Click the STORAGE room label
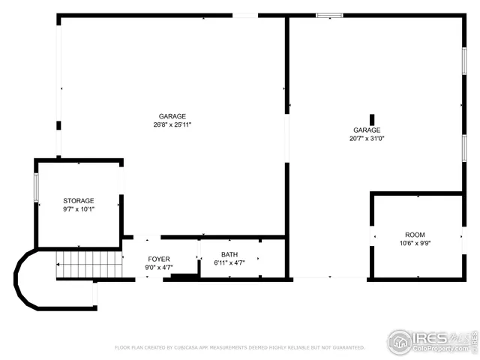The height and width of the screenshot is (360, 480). (78, 201)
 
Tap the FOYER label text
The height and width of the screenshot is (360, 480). (158, 259)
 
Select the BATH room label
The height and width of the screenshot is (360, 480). (229, 255)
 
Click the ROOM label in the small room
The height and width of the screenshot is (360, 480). (415, 235)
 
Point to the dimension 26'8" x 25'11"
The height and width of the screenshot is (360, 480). (172, 124)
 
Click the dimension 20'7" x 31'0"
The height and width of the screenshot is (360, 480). (367, 139)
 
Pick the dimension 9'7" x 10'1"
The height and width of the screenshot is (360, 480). (78, 210)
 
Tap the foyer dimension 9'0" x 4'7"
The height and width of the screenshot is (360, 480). (158, 267)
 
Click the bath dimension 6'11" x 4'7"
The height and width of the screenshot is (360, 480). (229, 263)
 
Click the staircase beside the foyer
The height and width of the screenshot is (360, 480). (89, 265)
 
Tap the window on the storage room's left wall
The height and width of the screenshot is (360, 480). (35, 187)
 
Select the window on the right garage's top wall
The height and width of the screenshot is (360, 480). (328, 14)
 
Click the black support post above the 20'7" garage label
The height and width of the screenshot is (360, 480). (372, 119)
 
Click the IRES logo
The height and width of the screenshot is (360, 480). (432, 339)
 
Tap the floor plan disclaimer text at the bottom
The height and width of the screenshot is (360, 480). (239, 348)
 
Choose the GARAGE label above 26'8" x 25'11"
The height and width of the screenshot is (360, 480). (172, 116)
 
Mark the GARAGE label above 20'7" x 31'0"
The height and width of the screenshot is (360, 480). (367, 130)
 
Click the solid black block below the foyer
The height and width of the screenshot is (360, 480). (184, 276)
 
